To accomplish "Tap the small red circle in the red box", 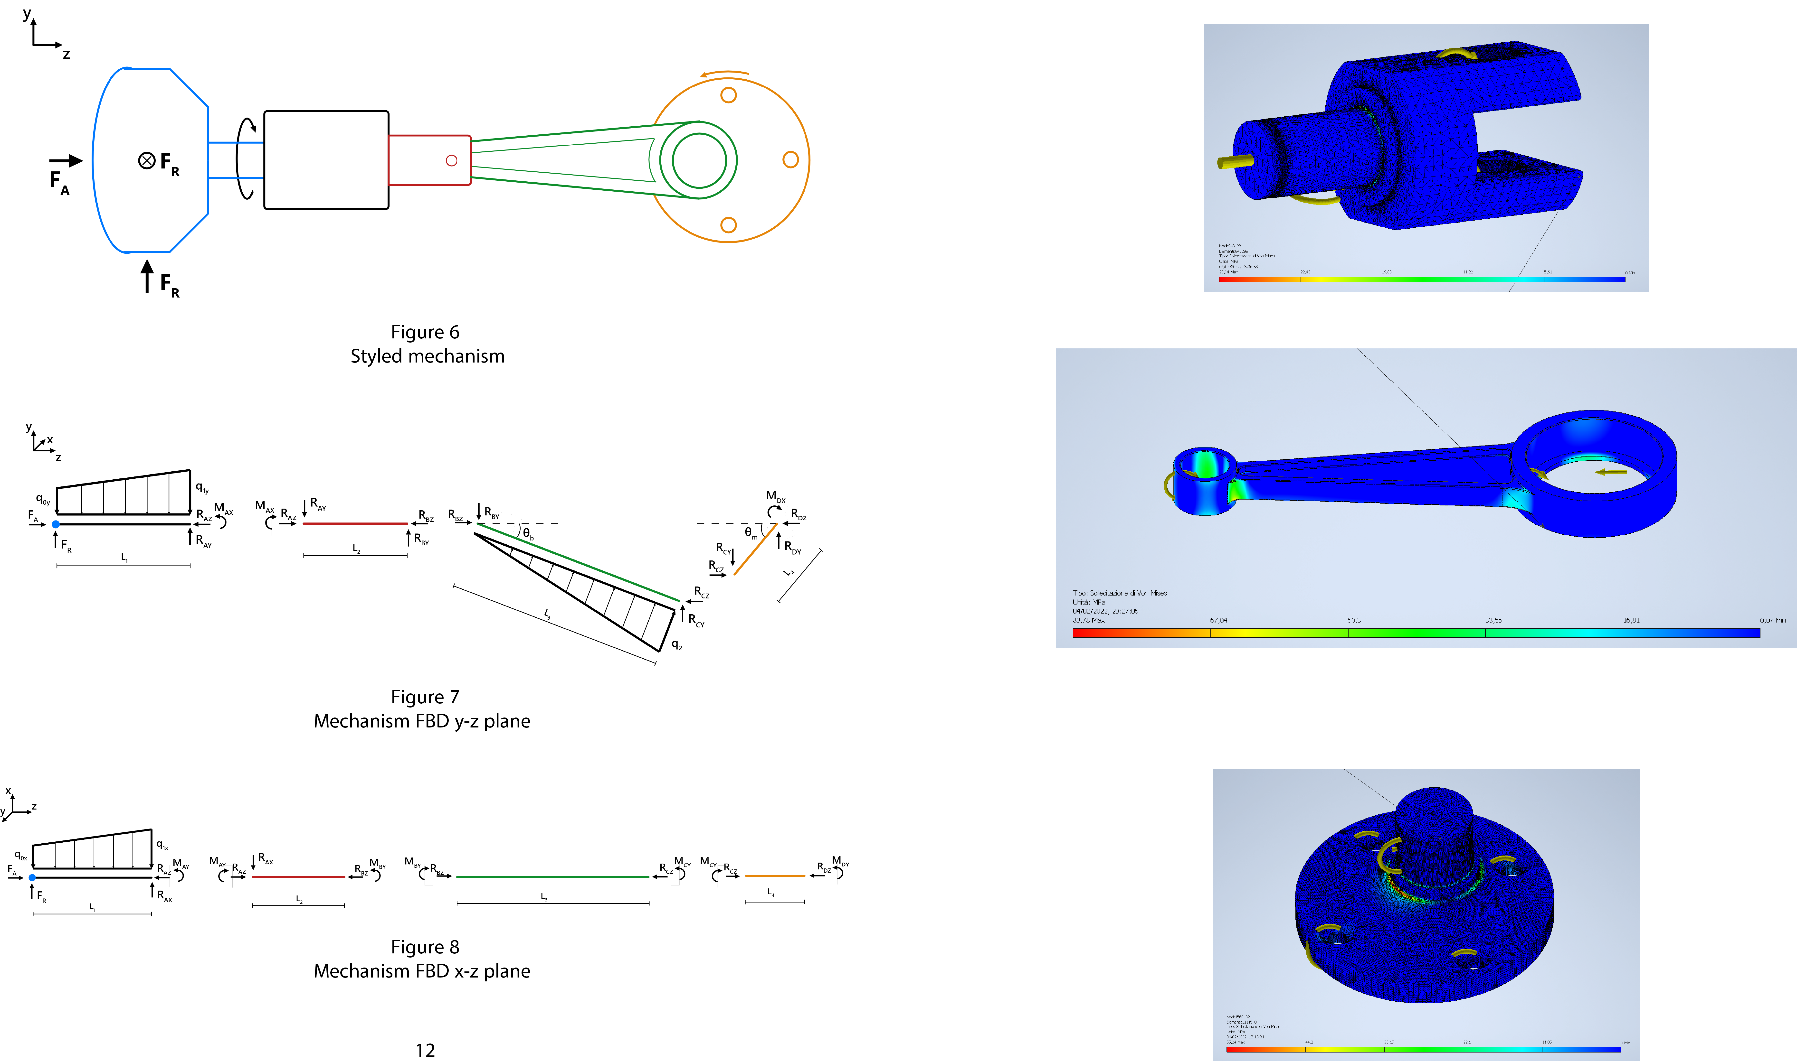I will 451,160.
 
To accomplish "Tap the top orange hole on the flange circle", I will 728,95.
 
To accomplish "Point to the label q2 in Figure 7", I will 676,645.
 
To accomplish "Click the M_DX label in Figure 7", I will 775,496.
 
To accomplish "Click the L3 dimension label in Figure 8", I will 544,897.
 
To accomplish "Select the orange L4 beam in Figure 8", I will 775,875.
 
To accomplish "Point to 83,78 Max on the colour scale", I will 1088,620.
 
